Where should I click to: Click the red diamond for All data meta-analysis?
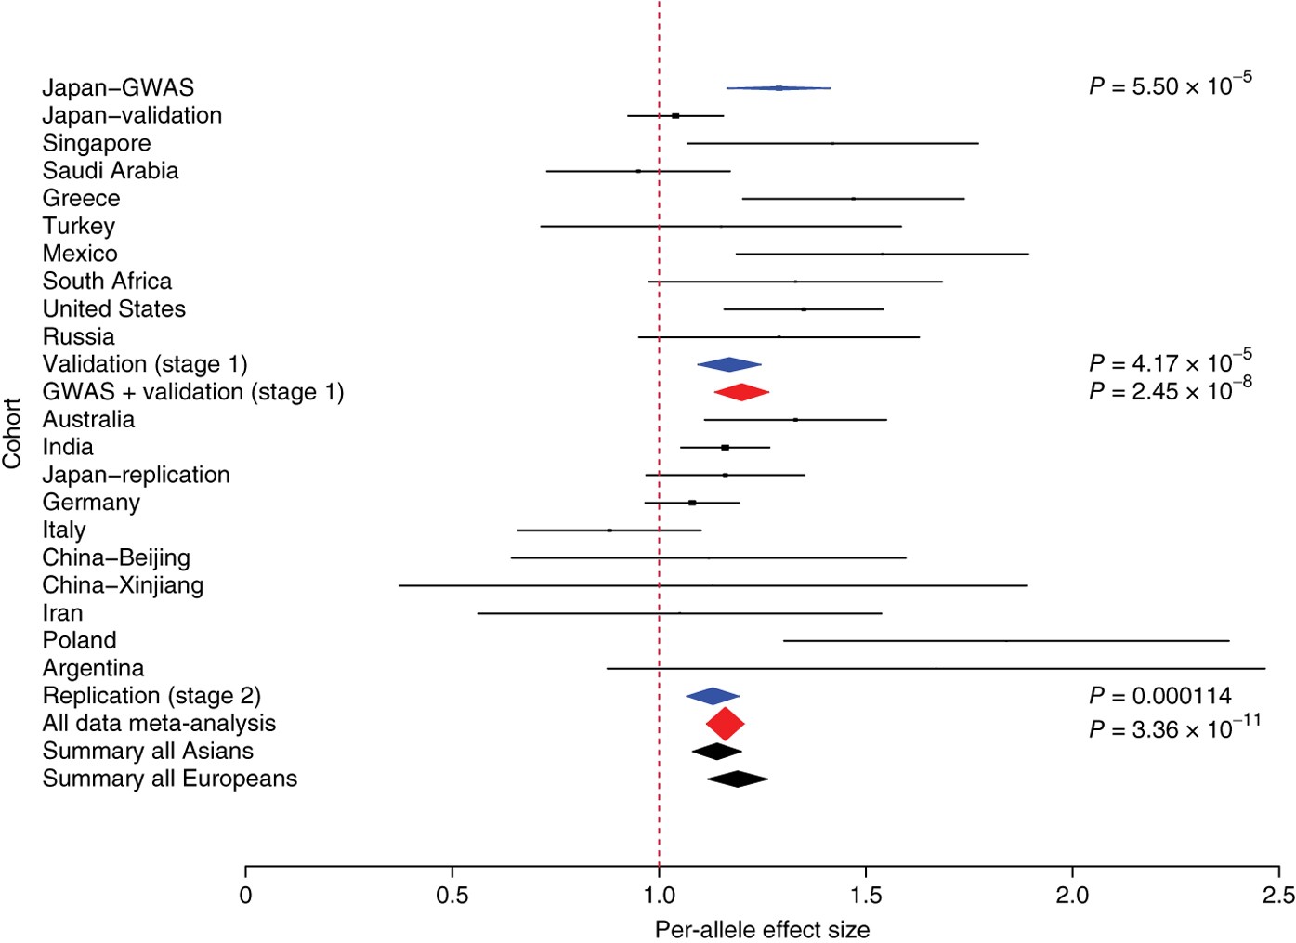[x=725, y=724]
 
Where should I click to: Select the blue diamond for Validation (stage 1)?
[x=729, y=365]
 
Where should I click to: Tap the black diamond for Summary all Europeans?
[x=738, y=779]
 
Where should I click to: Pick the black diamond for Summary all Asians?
[x=716, y=752]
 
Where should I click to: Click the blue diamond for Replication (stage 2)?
[x=713, y=696]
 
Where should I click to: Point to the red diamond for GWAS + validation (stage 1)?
[x=741, y=392]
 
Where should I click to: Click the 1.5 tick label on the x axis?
[x=866, y=896]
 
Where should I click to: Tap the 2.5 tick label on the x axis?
[x=1278, y=896]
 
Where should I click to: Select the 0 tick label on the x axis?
[x=245, y=896]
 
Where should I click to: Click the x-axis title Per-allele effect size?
[x=762, y=929]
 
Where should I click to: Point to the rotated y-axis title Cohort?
[x=12, y=433]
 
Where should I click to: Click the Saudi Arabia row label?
[x=111, y=171]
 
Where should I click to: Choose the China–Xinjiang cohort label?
[x=123, y=585]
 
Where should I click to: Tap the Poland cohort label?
[x=80, y=640]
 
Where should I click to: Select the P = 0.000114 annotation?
[x=1160, y=696]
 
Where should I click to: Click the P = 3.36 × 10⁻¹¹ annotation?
[x=1174, y=728]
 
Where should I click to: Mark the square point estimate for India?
[x=725, y=448]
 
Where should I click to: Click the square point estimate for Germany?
[x=692, y=503]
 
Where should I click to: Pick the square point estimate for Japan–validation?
[x=675, y=116]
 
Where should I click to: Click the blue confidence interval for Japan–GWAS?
[x=779, y=88]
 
